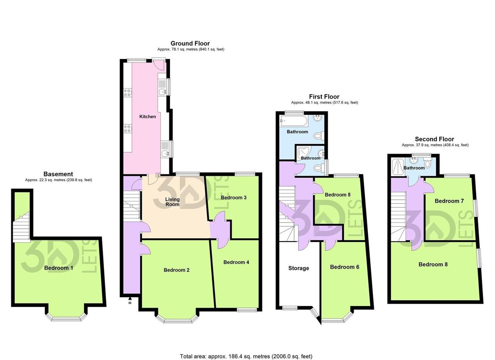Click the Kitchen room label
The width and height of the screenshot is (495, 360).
[x=148, y=116]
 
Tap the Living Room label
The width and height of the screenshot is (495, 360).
[x=172, y=201]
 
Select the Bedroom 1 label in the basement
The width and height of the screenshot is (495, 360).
[x=59, y=268]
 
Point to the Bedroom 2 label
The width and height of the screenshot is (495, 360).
[x=177, y=270]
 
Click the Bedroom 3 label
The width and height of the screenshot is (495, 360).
[x=233, y=197]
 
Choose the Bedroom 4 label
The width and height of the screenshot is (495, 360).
[x=236, y=262]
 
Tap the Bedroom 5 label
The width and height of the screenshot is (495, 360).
[x=337, y=194]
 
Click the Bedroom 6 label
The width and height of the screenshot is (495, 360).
[x=344, y=267]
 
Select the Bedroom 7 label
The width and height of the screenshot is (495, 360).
[x=449, y=201]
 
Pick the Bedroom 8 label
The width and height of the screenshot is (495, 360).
[x=433, y=264]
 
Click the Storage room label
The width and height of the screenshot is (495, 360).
[x=299, y=268]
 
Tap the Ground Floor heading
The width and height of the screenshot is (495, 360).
[x=190, y=43]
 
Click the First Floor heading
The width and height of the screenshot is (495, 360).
[x=324, y=97]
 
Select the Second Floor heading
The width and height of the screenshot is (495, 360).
[x=435, y=139]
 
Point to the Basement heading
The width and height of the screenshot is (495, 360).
[x=58, y=174]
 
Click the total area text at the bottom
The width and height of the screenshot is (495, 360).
[x=246, y=356]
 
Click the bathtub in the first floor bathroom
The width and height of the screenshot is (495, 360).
[x=293, y=121]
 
